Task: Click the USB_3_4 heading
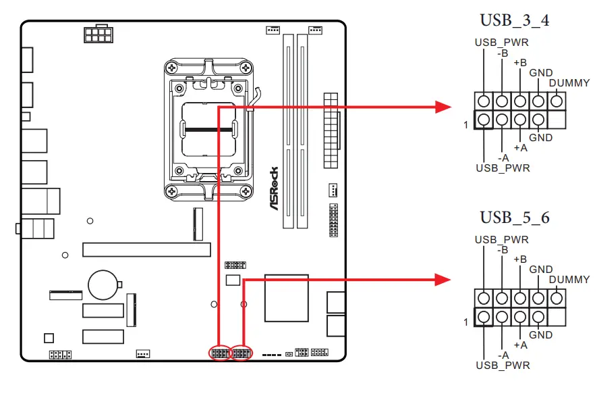(x=514, y=20)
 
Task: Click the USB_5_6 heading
(x=514, y=218)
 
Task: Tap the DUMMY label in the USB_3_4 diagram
(x=569, y=83)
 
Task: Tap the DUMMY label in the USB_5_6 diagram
(x=569, y=280)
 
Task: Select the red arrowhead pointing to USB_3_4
(x=443, y=106)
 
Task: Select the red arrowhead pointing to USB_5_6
(x=443, y=278)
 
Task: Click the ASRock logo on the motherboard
(x=275, y=189)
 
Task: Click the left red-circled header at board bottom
(x=220, y=353)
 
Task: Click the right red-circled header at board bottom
(x=241, y=353)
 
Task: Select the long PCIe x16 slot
(x=146, y=249)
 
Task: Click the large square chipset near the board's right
(x=287, y=298)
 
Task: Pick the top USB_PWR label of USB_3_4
(x=501, y=43)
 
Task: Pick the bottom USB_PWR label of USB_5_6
(x=503, y=366)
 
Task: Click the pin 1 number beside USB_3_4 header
(x=465, y=125)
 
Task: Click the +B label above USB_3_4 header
(x=520, y=63)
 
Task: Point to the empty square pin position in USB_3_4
(x=557, y=120)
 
